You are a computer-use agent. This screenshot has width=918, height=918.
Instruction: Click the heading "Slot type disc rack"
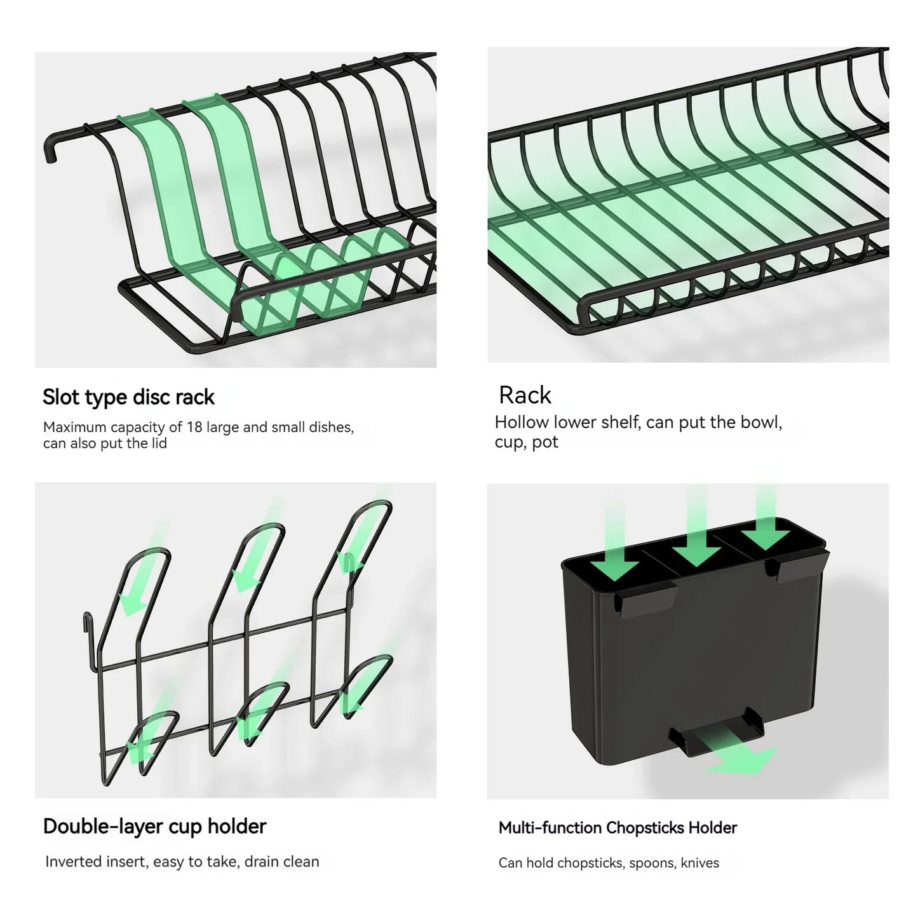pyautogui.click(x=128, y=397)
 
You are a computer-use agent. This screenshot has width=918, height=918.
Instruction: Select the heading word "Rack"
pyautogui.click(x=525, y=395)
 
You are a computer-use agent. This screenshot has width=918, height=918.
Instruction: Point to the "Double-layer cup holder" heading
pyautogui.click(x=154, y=826)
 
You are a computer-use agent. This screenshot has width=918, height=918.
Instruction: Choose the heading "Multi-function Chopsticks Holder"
pyautogui.click(x=618, y=828)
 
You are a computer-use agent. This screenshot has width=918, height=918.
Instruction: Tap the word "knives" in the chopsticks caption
pyautogui.click(x=699, y=863)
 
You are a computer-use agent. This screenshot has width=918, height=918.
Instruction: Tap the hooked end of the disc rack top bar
pyautogui.click(x=48, y=151)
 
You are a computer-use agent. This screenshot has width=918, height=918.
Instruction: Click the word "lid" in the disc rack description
pyautogui.click(x=159, y=443)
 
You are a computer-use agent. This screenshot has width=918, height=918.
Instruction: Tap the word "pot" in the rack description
pyautogui.click(x=545, y=442)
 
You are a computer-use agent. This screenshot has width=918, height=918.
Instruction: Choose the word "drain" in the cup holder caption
pyautogui.click(x=266, y=861)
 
